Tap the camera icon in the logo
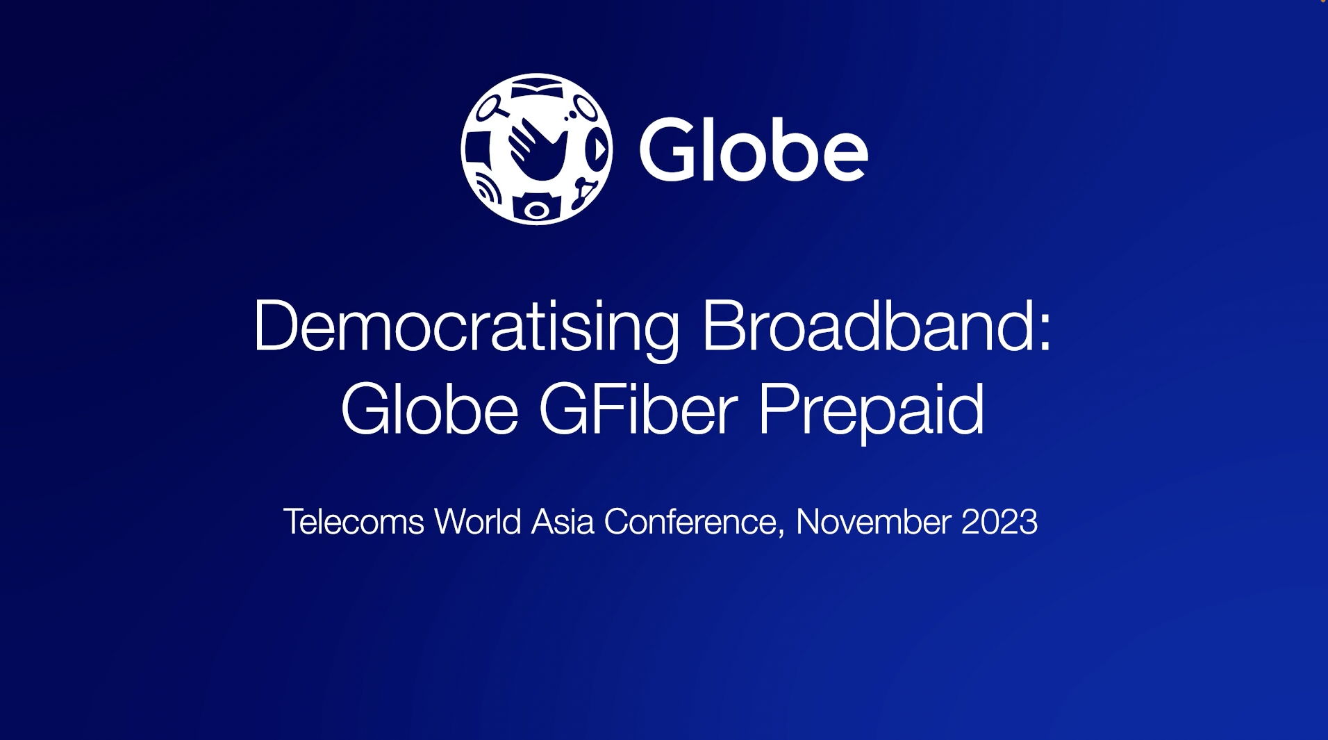[x=536, y=207]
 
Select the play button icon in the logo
[x=597, y=149]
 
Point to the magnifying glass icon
[x=490, y=107]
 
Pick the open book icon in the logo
[x=536, y=89]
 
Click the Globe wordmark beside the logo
[x=754, y=149]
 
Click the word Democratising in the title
[x=466, y=327]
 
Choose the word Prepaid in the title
[x=871, y=411]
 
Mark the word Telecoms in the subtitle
[x=354, y=521]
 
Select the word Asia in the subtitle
[x=563, y=521]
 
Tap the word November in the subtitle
[x=873, y=521]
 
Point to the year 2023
[x=999, y=522]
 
